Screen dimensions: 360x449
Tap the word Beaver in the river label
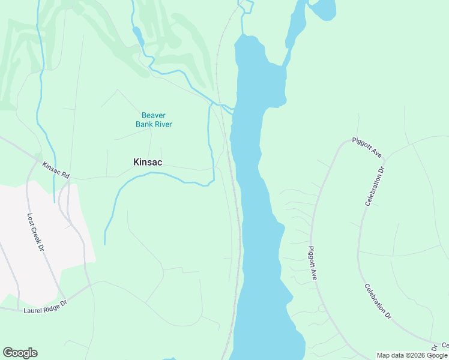pyautogui.click(x=154, y=115)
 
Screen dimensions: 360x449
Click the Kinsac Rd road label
pyautogui.click(x=56, y=169)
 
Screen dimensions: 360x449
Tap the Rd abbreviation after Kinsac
pyautogui.click(x=65, y=175)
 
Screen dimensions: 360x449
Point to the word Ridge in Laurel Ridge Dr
pyautogui.click(x=55, y=304)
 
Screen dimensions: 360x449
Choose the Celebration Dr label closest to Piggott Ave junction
pyautogui.click(x=374, y=187)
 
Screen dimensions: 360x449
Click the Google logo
pyautogui.click(x=20, y=353)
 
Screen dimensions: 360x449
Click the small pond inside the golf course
pyautogui.click(x=137, y=35)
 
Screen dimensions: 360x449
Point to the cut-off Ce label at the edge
pyautogui.click(x=445, y=345)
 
